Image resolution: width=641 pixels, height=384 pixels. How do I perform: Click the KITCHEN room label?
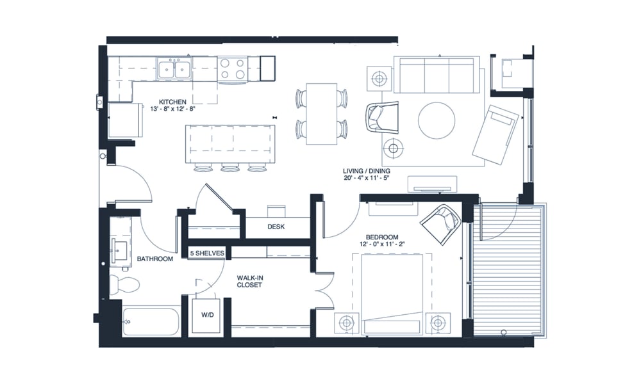coord(172,101)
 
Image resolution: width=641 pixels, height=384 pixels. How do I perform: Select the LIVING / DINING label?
coord(367,171)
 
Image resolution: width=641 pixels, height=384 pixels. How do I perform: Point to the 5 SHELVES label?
coord(206,253)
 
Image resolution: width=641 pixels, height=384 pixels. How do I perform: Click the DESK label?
coord(276,227)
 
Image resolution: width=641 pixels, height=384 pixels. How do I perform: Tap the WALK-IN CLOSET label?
coord(249,281)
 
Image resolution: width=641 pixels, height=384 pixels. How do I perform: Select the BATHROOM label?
coord(155,259)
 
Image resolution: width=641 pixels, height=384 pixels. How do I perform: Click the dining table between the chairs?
coord(321,113)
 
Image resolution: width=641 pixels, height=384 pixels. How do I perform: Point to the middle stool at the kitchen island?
coord(229,168)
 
